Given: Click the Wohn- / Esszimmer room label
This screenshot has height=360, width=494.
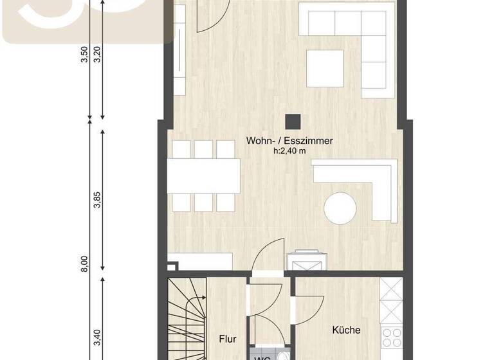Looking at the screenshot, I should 289,141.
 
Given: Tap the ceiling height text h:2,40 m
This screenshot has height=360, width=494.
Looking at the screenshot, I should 289,151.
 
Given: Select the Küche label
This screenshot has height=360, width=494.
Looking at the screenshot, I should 346,330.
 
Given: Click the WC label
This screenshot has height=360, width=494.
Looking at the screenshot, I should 262,355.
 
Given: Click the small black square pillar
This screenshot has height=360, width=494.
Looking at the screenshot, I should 293,121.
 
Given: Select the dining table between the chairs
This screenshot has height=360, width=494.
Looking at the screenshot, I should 205,175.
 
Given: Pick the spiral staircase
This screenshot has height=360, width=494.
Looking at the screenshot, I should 187,318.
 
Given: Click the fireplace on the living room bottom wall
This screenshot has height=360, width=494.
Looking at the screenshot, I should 307,261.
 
